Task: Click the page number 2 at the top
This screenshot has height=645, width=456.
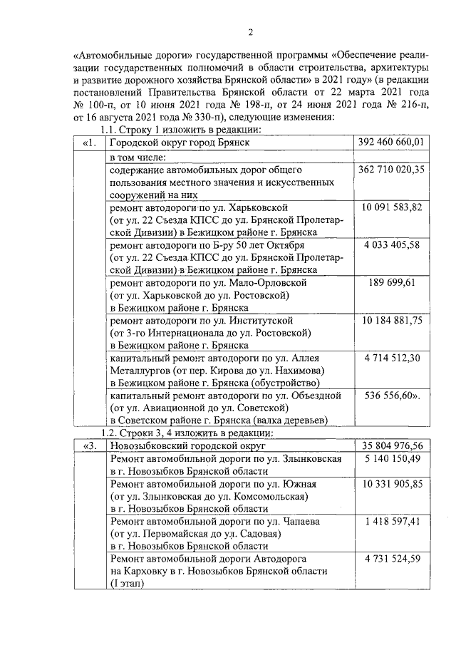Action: point(250,31)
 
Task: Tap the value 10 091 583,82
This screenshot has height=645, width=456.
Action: point(392,207)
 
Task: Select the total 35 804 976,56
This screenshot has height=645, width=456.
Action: point(392,447)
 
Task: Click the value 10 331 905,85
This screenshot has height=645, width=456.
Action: point(392,484)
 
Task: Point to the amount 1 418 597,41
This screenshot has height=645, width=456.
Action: point(392,522)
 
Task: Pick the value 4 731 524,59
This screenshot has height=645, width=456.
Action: point(392,559)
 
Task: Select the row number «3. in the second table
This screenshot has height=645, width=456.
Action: point(90,447)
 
